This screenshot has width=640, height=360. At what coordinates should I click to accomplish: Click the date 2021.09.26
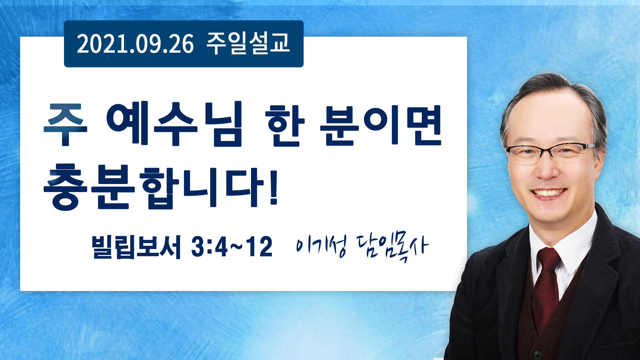tap(135, 44)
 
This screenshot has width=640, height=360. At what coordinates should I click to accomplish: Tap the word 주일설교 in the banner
tap(248, 43)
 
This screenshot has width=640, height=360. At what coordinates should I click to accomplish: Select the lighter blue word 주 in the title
tap(65, 124)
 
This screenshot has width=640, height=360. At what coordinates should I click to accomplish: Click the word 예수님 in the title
tap(174, 124)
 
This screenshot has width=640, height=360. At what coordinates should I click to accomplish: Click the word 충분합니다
tap(154, 187)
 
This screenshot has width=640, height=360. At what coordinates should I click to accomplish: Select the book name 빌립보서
tap(136, 247)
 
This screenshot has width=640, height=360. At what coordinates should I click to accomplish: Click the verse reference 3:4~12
tap(232, 247)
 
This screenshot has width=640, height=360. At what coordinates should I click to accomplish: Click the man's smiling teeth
tap(549, 193)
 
